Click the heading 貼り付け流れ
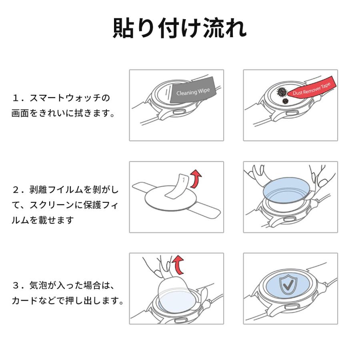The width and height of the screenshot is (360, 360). pos(180,28)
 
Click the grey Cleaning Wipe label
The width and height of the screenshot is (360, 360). pos(193,92)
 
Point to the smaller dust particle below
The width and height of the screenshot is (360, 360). pos(286,102)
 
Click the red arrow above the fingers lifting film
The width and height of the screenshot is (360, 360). pos(178,264)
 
